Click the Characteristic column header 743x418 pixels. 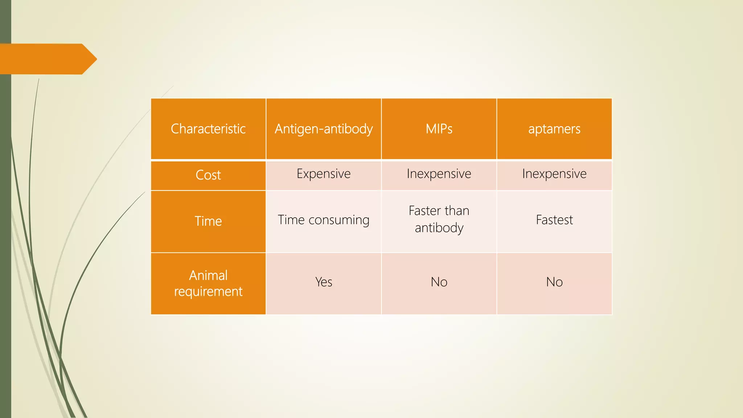click(208, 129)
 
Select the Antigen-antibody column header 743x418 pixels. click(324, 129)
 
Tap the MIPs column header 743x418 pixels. click(439, 129)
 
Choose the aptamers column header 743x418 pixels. click(554, 129)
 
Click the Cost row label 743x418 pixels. click(208, 175)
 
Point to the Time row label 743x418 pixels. click(208, 221)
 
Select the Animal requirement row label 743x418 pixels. click(208, 283)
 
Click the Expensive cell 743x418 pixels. click(324, 174)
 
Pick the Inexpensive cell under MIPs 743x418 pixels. click(439, 174)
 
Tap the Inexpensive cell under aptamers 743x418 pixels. click(554, 174)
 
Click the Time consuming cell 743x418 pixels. click(324, 220)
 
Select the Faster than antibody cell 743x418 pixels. click(439, 219)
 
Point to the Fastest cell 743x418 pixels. click(554, 220)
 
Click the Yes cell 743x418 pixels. click(324, 282)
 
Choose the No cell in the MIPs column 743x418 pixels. click(439, 282)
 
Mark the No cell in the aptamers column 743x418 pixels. click(554, 282)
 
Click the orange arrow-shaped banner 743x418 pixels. click(47, 59)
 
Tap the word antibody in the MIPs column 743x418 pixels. click(439, 228)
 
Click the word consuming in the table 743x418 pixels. click(339, 220)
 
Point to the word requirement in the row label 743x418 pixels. click(208, 292)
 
